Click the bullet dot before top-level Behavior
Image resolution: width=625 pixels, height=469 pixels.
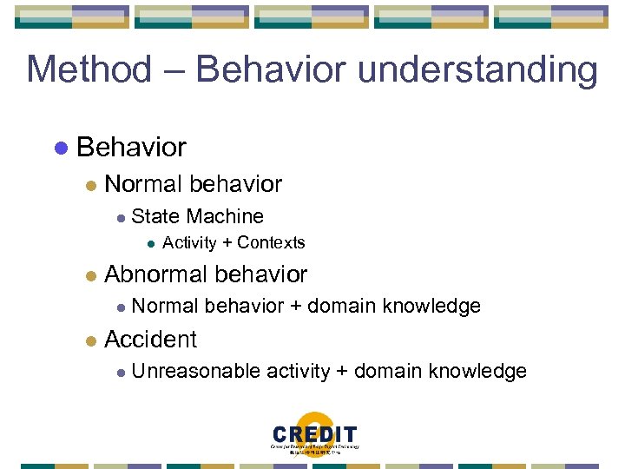coord(60,148)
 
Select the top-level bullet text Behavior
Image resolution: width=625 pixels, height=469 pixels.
coord(131,148)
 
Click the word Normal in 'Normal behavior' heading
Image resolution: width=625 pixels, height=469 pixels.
coord(142,184)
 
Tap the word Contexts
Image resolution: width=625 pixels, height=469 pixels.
coord(271,242)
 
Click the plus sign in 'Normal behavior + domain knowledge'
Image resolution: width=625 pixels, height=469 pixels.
coord(296,307)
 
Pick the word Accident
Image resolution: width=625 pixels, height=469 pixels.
coord(150,339)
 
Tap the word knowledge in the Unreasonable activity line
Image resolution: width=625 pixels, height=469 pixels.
coord(483,372)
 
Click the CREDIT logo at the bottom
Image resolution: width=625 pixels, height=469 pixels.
coord(314,435)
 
